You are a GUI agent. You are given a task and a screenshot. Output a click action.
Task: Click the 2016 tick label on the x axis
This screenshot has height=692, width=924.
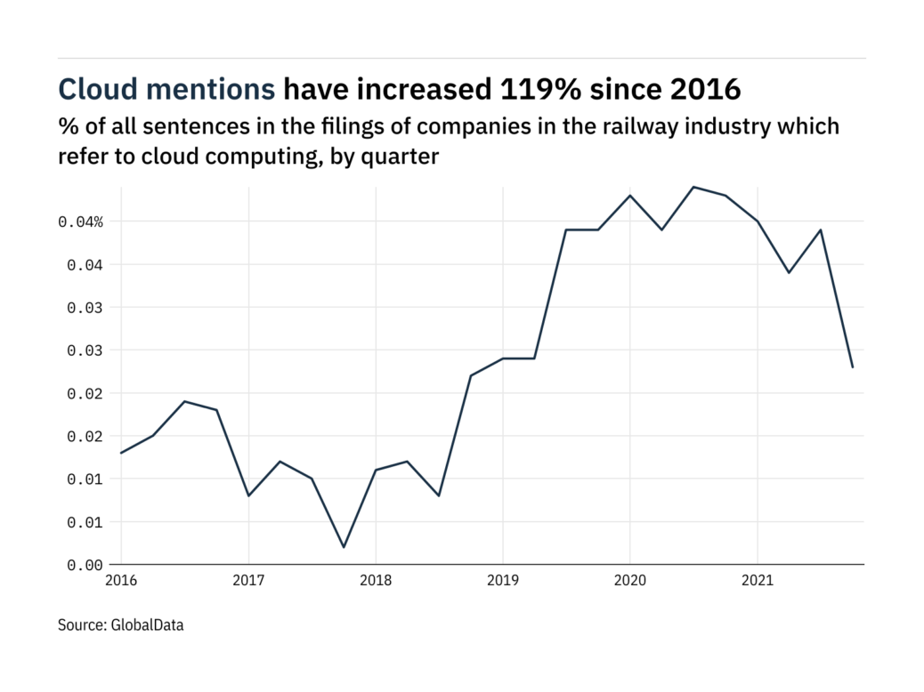tap(121, 582)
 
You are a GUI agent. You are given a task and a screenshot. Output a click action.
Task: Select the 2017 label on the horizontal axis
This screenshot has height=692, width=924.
tap(248, 582)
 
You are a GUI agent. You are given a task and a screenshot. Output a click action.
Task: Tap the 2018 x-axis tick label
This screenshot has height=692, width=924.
tap(376, 582)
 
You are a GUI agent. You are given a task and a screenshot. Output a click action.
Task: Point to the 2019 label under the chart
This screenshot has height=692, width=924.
tap(503, 582)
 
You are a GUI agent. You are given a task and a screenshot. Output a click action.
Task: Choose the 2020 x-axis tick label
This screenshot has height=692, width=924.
tap(630, 582)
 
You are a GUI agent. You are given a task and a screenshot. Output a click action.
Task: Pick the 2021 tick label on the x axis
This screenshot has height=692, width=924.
tap(758, 582)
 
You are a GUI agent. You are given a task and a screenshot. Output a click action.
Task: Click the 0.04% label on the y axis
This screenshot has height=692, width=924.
tap(81, 221)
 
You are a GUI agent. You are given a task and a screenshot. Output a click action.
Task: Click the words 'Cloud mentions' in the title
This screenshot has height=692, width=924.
tap(166, 89)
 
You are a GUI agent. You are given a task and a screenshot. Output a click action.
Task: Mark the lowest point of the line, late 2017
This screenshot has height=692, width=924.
tap(344, 547)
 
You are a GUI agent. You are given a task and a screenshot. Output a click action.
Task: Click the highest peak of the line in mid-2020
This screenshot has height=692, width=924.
tap(693, 187)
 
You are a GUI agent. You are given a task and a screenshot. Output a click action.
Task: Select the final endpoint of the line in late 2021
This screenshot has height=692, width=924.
tap(853, 367)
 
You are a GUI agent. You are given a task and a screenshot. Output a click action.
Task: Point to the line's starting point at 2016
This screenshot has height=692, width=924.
tap(121, 453)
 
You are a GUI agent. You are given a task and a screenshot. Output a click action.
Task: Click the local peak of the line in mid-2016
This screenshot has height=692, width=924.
tap(184, 401)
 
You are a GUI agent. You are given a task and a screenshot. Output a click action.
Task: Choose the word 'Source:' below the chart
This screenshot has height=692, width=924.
tap(82, 625)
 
